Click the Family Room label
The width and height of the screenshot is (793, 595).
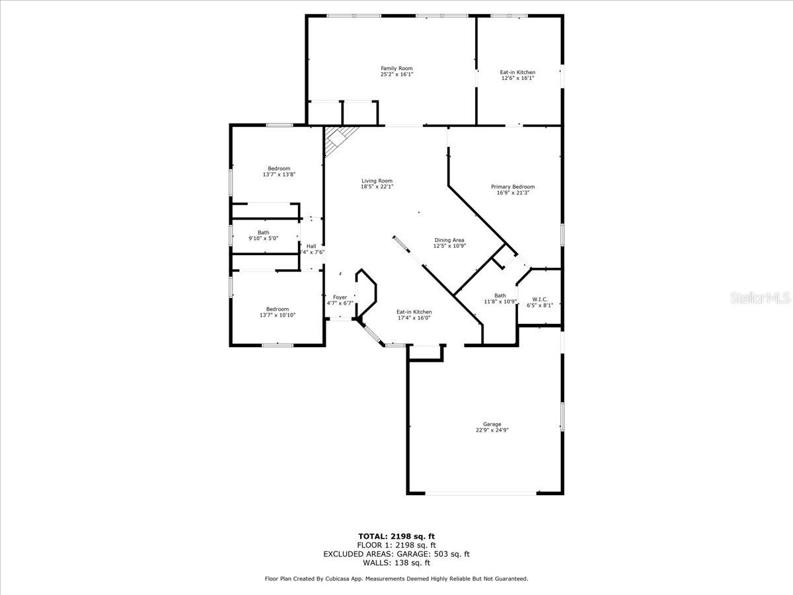[x=397, y=68]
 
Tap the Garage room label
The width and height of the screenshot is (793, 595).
[x=492, y=424]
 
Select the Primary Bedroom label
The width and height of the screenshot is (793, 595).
[x=513, y=187]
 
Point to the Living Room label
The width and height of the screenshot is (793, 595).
[x=377, y=180]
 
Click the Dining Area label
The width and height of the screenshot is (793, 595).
[x=449, y=240]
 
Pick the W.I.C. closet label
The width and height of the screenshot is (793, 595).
[x=540, y=299]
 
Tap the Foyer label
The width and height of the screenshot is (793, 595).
[x=340, y=297]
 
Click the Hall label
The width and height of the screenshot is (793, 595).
[x=311, y=247]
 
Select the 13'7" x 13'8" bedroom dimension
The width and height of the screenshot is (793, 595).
[x=279, y=175]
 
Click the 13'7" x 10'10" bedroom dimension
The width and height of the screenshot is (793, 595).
[x=278, y=315]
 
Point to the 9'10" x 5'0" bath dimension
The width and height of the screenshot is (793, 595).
[x=264, y=239]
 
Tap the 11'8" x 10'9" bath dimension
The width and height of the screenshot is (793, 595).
[x=500, y=301]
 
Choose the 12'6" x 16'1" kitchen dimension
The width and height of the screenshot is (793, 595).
[x=517, y=78]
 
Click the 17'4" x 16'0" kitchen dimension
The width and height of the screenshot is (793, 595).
[x=414, y=318]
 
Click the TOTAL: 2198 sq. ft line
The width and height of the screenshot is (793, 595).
[x=397, y=536]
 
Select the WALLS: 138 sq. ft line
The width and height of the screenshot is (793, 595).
[x=397, y=563]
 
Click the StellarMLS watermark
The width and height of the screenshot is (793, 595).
[x=760, y=298]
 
